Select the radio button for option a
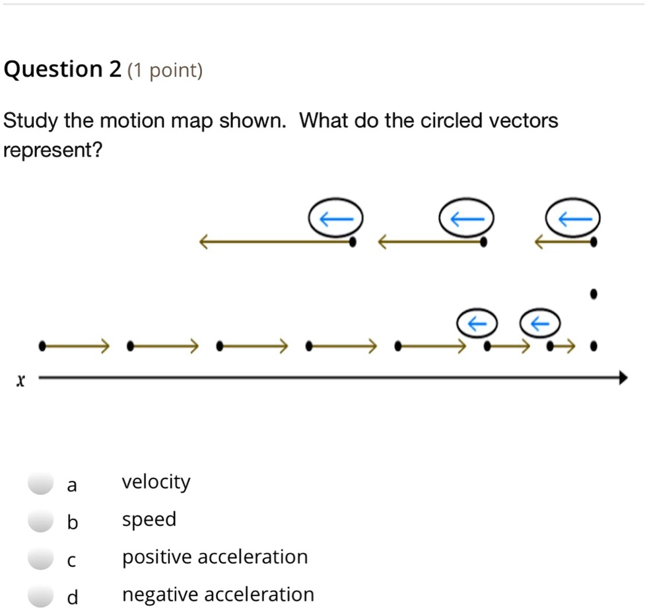click(x=41, y=484)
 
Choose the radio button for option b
click(x=41, y=521)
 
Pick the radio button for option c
click(x=41, y=558)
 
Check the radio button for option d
click(x=41, y=595)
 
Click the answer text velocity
click(x=156, y=482)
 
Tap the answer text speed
click(x=149, y=520)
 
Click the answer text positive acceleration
click(x=215, y=557)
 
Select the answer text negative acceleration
click(x=218, y=595)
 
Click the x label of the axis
click(x=21, y=381)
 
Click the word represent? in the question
click(x=53, y=151)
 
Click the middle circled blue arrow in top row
click(x=467, y=217)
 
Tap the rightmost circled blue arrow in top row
click(x=572, y=217)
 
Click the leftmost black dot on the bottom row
click(x=43, y=345)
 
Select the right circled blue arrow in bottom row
click(x=541, y=323)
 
